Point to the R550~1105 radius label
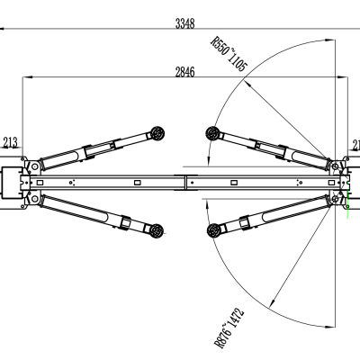click(228, 53)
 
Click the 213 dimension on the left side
click(11, 141)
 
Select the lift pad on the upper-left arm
click(158, 133)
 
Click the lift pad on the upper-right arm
click(214, 134)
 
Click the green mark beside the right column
click(346, 205)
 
